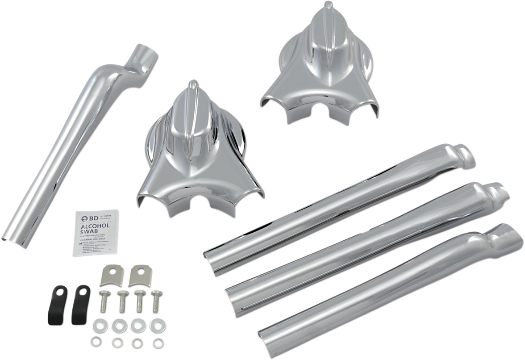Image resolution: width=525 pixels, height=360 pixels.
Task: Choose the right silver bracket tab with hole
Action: click(x=137, y=277)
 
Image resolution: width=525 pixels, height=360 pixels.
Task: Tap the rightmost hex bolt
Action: click(x=155, y=300)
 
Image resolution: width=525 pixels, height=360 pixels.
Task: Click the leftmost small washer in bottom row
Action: click(x=96, y=342)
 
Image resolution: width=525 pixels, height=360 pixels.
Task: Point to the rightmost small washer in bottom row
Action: click(x=157, y=344)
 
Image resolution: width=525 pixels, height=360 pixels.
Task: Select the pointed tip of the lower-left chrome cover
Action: click(x=192, y=83)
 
